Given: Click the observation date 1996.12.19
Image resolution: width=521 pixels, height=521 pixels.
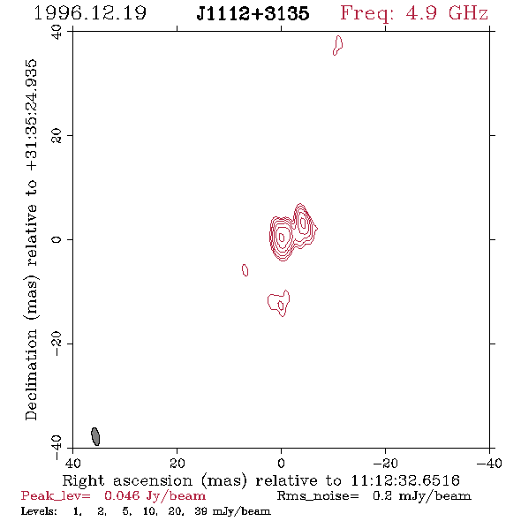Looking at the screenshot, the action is (90, 13).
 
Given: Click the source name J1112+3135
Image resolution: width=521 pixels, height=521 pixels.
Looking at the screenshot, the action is (253, 13).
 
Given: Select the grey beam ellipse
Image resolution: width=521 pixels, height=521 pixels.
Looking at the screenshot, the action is (95, 436).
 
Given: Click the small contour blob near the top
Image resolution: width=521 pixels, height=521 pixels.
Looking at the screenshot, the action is (338, 45).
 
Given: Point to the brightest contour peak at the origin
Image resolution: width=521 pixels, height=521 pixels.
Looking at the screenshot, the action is (282, 238).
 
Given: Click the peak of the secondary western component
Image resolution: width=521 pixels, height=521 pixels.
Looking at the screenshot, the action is (303, 223).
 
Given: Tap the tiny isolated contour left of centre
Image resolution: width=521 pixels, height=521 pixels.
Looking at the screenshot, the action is (245, 270).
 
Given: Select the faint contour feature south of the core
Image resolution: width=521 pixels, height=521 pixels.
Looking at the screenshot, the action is (279, 303).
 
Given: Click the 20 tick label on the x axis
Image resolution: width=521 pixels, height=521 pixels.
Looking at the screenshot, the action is (177, 464).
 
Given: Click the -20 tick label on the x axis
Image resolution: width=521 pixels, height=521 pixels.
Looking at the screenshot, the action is (385, 464).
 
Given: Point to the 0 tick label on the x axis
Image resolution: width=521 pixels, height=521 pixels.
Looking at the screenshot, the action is (282, 464).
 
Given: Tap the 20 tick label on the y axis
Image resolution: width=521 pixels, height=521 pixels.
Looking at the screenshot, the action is (57, 136).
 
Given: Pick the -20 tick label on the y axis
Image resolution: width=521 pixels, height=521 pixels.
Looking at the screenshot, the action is (57, 344).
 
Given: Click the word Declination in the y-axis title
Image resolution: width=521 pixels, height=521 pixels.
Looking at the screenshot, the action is (31, 374).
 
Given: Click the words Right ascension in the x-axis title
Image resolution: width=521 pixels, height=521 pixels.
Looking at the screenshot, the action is (127, 480).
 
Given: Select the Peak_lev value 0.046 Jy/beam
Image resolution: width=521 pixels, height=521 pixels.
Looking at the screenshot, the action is (155, 496).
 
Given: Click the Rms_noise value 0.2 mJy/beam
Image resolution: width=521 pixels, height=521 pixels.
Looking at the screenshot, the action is (422, 496).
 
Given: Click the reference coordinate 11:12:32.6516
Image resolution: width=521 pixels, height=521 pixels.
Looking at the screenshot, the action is (405, 480).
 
